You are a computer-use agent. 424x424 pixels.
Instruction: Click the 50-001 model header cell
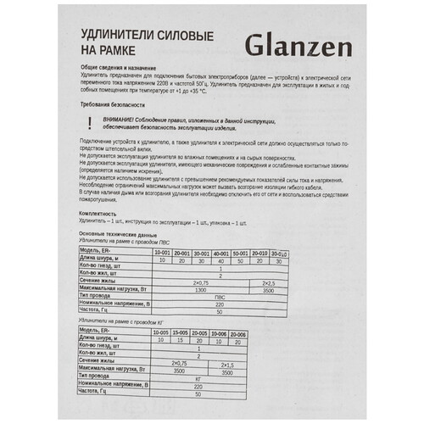pos(240,252)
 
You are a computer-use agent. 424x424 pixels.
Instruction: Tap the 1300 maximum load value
pos(201,289)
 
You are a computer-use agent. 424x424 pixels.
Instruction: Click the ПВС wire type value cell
pos(220,297)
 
